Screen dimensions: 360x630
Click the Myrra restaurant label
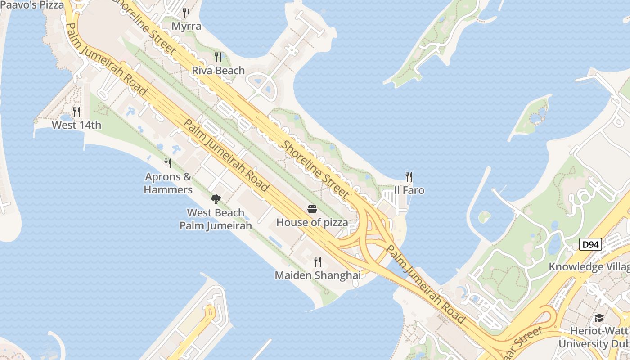(x=186, y=26)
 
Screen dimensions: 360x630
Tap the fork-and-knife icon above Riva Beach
(x=218, y=57)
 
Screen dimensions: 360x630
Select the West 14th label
(x=76, y=125)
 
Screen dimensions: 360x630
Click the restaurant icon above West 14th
(x=76, y=112)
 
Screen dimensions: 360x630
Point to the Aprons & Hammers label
(x=168, y=183)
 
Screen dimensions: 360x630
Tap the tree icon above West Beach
(x=216, y=199)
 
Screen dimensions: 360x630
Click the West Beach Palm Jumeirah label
(x=216, y=219)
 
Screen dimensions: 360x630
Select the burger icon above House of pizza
(x=312, y=209)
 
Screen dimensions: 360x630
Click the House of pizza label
(x=312, y=222)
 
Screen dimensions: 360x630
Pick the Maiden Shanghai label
(x=318, y=275)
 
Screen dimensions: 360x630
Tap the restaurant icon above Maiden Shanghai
(x=318, y=261)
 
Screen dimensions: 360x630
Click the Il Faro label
(x=409, y=190)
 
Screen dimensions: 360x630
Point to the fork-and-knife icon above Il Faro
(x=409, y=176)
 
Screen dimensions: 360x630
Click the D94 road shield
(x=590, y=245)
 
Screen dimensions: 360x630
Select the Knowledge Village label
(x=589, y=267)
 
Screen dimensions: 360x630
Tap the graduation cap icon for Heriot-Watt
(x=599, y=318)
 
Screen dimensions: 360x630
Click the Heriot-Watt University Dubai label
(x=594, y=337)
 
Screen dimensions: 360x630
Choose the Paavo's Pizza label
(x=32, y=5)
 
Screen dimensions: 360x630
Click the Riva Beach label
(x=218, y=71)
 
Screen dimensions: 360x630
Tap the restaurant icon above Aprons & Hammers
(x=168, y=163)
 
